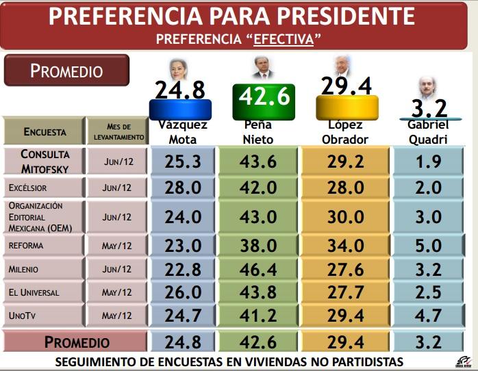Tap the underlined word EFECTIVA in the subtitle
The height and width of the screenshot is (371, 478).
tap(284, 39)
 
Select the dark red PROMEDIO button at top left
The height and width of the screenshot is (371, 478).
tap(66, 71)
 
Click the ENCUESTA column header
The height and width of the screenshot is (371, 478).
tap(45, 131)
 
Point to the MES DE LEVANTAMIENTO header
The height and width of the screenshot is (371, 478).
tap(118, 131)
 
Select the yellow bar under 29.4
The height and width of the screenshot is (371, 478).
tap(347, 106)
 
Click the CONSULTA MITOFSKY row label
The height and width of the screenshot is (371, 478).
tap(45, 162)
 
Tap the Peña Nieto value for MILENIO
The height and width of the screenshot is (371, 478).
tap(259, 269)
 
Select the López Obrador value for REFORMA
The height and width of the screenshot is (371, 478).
tap(345, 245)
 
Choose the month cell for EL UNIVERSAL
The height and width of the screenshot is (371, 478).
tap(116, 292)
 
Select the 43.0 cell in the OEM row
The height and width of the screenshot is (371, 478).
tap(259, 216)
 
